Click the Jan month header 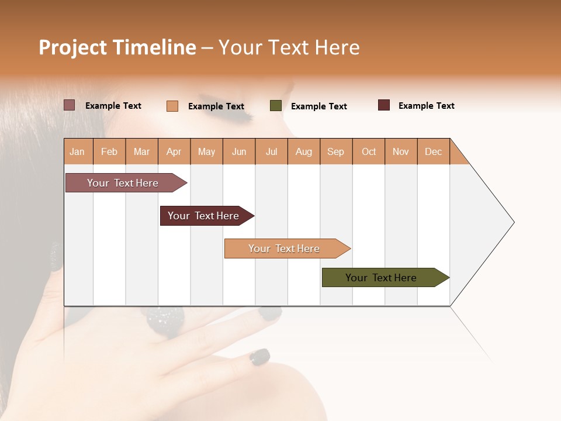tap(78, 151)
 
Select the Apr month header tap(174, 151)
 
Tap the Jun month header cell tap(239, 151)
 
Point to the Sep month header tap(336, 151)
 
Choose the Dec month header tap(433, 151)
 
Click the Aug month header tap(304, 151)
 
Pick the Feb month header tap(109, 151)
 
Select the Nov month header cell tap(401, 151)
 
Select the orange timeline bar tap(285, 249)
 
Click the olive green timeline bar tap(383, 278)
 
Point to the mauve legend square tap(70, 105)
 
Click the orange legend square tap(172, 106)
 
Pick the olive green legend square tap(276, 106)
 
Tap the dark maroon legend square tap(384, 105)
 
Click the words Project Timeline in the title tap(117, 47)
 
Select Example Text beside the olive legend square tap(318, 106)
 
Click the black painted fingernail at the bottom tap(259, 357)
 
